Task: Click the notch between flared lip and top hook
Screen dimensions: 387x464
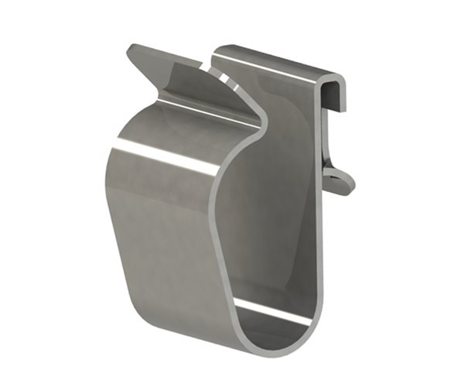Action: (x=210, y=66)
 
